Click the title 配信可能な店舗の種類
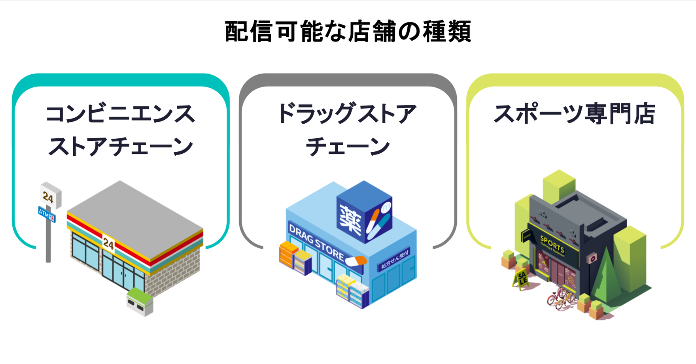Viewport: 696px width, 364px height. tap(348, 32)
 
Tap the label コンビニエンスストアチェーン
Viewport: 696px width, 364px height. tap(120, 130)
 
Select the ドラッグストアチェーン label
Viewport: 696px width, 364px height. tap(348, 130)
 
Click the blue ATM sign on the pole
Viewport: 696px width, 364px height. tap(47, 214)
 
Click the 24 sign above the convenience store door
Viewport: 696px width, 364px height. tap(108, 243)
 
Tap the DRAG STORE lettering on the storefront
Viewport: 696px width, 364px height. tap(316, 242)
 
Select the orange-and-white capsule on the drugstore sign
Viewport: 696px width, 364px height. tap(356, 261)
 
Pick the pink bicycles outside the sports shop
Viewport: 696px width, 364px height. tap(561, 298)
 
